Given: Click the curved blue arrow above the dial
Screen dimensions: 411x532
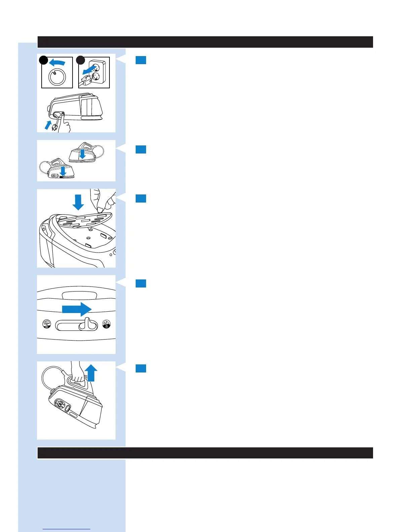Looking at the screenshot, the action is [57, 62].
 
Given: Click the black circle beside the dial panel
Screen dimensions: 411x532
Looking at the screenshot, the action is [43, 60].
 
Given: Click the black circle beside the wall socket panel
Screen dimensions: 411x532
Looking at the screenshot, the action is [80, 60].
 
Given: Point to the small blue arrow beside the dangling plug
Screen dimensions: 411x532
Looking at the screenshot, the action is [48, 125].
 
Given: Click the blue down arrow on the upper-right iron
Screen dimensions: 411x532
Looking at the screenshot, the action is [82, 154].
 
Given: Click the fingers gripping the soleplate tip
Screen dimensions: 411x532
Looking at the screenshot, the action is [101, 202].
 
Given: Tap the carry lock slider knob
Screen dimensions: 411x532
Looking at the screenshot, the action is [87, 324].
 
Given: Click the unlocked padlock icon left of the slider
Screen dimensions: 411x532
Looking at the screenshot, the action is [47, 324].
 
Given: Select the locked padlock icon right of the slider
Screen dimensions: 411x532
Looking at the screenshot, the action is [106, 324].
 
